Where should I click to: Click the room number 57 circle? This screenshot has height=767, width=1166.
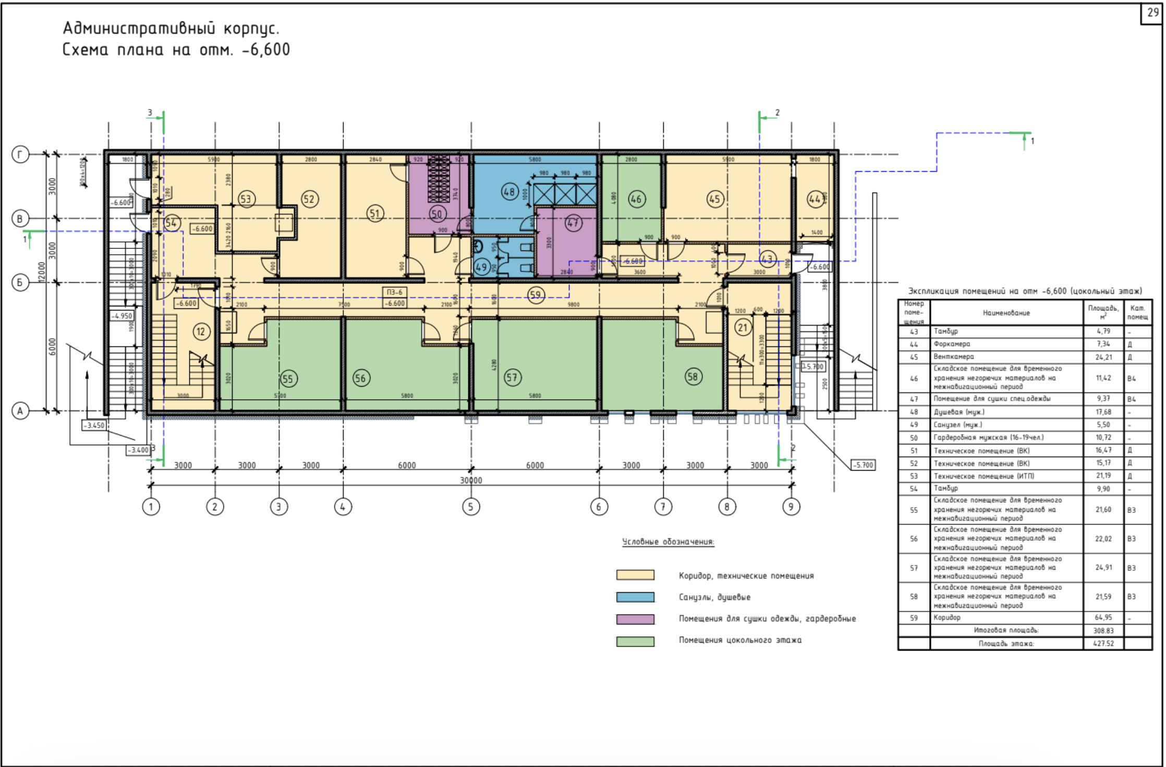click(512, 377)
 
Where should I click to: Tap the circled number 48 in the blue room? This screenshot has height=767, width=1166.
click(509, 191)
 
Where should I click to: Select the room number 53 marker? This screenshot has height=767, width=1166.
click(246, 199)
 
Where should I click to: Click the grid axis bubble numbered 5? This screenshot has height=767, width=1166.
click(470, 507)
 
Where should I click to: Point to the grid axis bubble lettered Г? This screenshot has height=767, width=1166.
click(20, 154)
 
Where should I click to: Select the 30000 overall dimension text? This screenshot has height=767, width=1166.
click(470, 480)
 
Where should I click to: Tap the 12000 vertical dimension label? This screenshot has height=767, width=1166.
click(42, 271)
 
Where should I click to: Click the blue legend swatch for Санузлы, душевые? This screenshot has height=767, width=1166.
click(635, 597)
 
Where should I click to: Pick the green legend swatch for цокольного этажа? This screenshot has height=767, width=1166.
click(635, 641)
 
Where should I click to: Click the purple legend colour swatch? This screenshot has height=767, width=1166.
click(635, 619)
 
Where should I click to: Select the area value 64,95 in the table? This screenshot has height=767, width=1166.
click(1103, 617)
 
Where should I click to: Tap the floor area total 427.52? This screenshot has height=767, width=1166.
click(1103, 643)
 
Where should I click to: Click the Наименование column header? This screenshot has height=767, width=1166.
click(1006, 313)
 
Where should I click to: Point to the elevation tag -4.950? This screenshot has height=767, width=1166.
click(122, 316)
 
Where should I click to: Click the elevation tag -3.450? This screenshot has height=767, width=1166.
click(94, 425)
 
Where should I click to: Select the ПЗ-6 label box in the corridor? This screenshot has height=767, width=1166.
click(395, 293)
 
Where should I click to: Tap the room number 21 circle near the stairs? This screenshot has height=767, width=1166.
click(743, 328)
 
